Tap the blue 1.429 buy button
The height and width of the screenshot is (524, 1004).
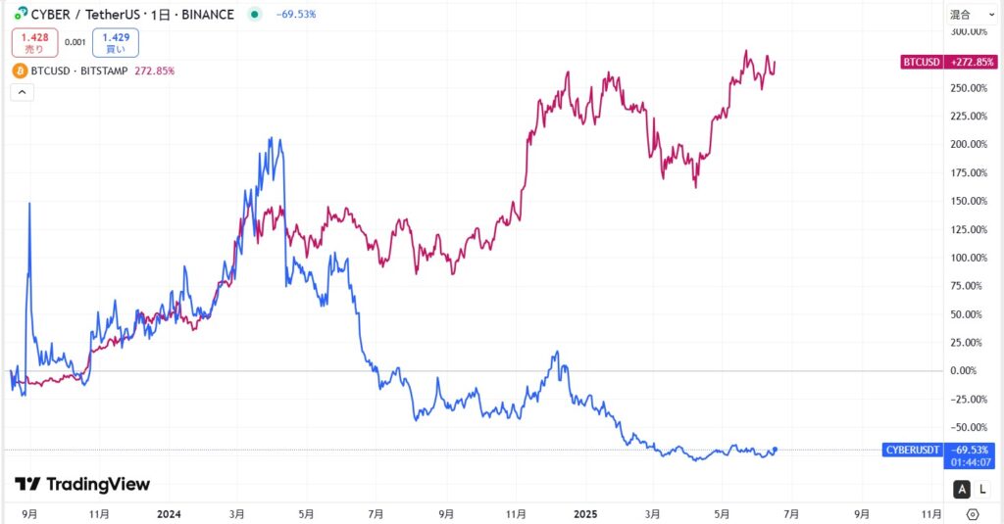pyautogui.click(x=115, y=42)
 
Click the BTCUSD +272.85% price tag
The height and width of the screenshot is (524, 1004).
pyautogui.click(x=948, y=62)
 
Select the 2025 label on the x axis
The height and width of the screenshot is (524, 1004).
pyautogui.click(x=584, y=512)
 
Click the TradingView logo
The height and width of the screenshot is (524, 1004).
pyautogui.click(x=82, y=484)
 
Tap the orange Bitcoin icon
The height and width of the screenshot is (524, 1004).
pyautogui.click(x=20, y=71)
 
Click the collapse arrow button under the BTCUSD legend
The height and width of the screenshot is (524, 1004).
pyautogui.click(x=22, y=92)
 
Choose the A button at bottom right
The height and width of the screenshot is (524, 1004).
pyautogui.click(x=962, y=489)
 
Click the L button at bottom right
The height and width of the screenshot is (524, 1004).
pyautogui.click(x=982, y=489)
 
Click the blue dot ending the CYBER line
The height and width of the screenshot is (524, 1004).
pyautogui.click(x=776, y=450)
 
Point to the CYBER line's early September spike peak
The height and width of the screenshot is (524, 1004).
pyautogui.click(x=29, y=203)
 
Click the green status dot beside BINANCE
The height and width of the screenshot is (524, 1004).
pyautogui.click(x=255, y=15)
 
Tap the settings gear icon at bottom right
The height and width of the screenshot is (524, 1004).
pyautogui.click(x=972, y=513)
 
